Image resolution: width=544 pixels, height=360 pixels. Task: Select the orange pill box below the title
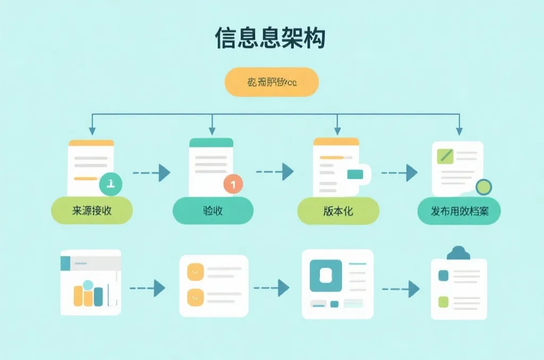[x=271, y=82]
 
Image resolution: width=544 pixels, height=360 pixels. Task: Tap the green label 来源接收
[x=91, y=210]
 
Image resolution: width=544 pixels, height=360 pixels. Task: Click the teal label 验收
[x=213, y=210]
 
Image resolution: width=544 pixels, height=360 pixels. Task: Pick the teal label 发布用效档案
[x=459, y=211]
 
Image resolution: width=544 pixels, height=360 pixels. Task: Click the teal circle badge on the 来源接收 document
[x=110, y=184]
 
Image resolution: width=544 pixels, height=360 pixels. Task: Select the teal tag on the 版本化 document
[x=355, y=174]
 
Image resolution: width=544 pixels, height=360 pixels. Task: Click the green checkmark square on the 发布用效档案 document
[x=444, y=156]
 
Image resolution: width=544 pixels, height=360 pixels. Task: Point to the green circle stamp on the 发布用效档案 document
[x=483, y=186]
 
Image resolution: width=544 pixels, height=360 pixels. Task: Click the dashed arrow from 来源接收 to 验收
[x=151, y=173]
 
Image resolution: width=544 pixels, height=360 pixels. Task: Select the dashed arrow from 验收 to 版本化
[x=275, y=172]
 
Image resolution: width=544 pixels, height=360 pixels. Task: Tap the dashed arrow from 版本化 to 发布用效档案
[x=399, y=173]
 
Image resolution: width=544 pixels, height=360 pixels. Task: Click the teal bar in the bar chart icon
[x=98, y=296]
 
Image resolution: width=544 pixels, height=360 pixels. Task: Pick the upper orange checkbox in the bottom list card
[x=195, y=272]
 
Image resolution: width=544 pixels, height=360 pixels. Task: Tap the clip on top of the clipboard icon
[x=458, y=253]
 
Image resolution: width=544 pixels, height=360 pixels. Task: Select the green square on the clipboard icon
[x=443, y=302]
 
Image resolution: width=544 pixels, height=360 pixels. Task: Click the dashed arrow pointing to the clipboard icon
[x=401, y=289]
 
